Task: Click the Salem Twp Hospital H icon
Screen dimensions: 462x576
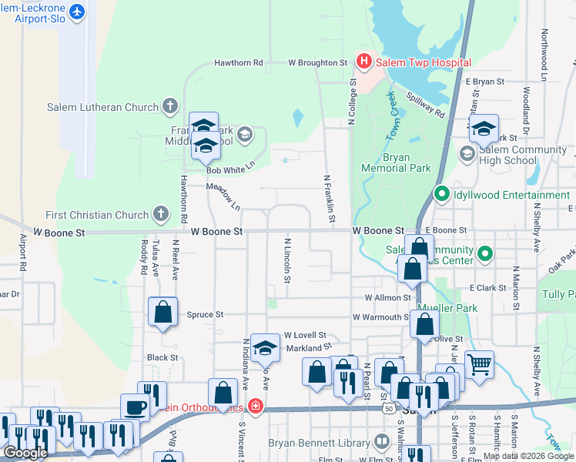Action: (x=364, y=62)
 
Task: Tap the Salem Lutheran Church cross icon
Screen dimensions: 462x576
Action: (x=171, y=107)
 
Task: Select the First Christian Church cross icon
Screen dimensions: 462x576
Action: (x=160, y=214)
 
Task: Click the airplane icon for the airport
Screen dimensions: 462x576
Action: (x=76, y=12)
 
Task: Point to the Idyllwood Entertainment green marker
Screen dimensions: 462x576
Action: (x=442, y=195)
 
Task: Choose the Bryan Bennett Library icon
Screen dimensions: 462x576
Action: (x=381, y=442)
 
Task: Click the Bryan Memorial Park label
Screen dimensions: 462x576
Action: (x=396, y=162)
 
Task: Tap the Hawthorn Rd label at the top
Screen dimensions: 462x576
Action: (x=239, y=62)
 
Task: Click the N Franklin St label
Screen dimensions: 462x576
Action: (x=330, y=199)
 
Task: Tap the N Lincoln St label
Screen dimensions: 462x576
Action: (x=286, y=259)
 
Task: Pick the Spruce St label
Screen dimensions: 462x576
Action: (x=205, y=314)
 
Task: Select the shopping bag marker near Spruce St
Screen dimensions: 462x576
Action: (x=163, y=312)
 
